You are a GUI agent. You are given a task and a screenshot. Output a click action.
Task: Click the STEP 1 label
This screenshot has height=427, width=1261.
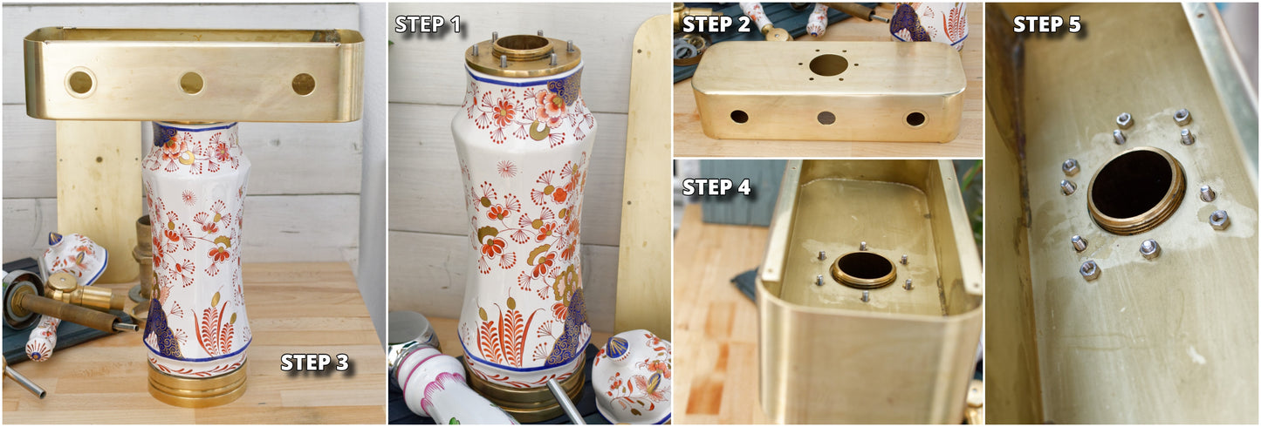point(428,24)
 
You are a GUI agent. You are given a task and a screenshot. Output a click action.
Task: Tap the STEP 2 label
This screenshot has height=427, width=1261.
point(716,24)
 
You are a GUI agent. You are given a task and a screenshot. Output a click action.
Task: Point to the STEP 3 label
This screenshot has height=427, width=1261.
point(315,363)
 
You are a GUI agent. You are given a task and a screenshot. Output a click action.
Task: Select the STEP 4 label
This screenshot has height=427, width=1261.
point(716,187)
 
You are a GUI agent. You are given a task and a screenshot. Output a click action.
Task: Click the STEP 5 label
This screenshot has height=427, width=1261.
point(1047,24)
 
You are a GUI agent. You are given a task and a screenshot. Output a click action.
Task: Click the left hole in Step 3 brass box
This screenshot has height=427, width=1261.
point(80,83)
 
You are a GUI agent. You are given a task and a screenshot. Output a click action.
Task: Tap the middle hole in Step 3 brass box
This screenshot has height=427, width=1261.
point(192,83)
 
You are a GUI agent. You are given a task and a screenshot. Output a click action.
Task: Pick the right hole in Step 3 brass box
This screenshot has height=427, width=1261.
point(304,85)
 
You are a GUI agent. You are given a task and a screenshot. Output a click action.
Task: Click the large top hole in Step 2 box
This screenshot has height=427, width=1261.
point(829,64)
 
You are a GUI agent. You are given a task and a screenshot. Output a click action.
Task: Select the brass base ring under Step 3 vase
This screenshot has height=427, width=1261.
point(197,383)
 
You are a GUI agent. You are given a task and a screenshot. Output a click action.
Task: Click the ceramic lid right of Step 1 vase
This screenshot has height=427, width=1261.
point(632,375)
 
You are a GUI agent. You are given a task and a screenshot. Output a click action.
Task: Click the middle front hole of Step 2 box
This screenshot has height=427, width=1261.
point(826,118)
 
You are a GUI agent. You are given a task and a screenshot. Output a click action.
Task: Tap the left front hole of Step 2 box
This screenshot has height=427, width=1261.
point(739,117)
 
